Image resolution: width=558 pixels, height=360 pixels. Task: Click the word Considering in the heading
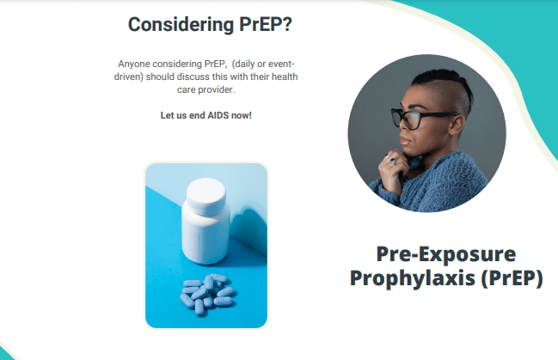point(181,25)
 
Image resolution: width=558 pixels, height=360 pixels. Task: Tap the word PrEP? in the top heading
point(266,25)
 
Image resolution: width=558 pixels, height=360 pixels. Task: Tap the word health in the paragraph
point(285,76)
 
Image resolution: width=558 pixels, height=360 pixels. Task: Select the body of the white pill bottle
point(205,236)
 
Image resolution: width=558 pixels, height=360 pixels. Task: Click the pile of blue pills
point(207,294)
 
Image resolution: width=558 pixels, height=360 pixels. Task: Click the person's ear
point(457,125)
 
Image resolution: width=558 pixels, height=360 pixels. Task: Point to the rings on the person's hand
point(390,159)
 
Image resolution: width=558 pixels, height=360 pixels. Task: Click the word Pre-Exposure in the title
point(446,254)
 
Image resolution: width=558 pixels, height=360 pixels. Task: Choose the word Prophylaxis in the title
point(413,278)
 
